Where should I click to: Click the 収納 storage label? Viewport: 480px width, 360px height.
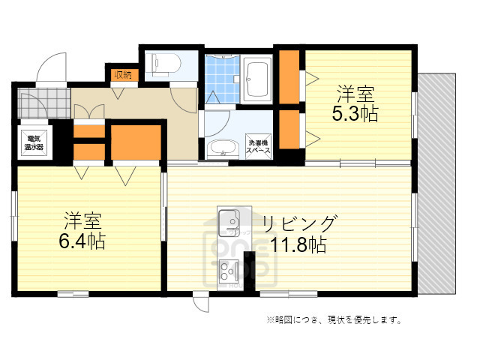(x=123, y=75)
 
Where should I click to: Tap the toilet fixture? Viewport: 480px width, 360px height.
(x=162, y=65)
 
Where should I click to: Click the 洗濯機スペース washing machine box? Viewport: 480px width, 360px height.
(x=259, y=145)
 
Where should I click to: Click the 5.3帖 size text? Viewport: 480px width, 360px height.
(x=355, y=114)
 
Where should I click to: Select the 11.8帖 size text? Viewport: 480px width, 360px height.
(x=299, y=244)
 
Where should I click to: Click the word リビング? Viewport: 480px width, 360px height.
(x=299, y=223)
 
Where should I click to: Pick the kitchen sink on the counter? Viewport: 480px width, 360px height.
(x=228, y=222)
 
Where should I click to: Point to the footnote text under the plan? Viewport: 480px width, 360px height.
(x=333, y=320)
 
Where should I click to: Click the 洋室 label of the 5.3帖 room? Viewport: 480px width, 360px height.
(x=355, y=94)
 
